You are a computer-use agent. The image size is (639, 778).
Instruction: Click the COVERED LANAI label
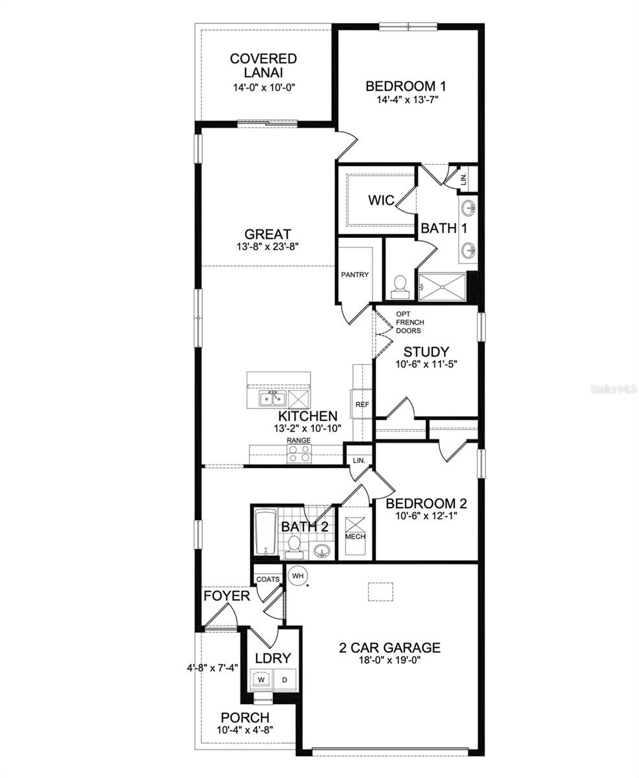coord(263,66)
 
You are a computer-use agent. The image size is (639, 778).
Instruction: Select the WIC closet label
coord(380,200)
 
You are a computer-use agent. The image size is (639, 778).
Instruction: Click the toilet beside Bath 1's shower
coord(400,285)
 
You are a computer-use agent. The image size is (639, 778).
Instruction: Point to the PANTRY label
coord(354,275)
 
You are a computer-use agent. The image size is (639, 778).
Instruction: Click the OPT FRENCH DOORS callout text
coord(408,322)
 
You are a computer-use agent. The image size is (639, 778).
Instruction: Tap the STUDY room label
coord(426,352)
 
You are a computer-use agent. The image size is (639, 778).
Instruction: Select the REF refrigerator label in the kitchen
coord(362,405)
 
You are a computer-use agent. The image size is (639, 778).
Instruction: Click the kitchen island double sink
coord(269,398)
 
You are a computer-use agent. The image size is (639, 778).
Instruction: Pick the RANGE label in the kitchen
coord(299,441)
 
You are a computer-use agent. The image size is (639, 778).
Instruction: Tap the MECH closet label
coord(354,536)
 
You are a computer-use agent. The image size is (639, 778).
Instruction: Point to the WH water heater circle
coord(297,575)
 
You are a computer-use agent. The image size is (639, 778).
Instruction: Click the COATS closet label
coord(268,579)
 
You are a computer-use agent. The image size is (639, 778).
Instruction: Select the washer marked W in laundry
coord(262,679)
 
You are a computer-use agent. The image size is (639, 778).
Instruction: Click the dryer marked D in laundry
coord(284,679)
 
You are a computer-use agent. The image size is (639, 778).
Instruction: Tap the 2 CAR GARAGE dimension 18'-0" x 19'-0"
coord(391,661)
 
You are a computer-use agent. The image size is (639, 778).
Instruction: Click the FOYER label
coord(226,595)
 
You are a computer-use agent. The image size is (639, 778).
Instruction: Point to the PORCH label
coord(245,718)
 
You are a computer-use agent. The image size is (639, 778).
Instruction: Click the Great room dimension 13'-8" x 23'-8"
coord(268,246)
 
